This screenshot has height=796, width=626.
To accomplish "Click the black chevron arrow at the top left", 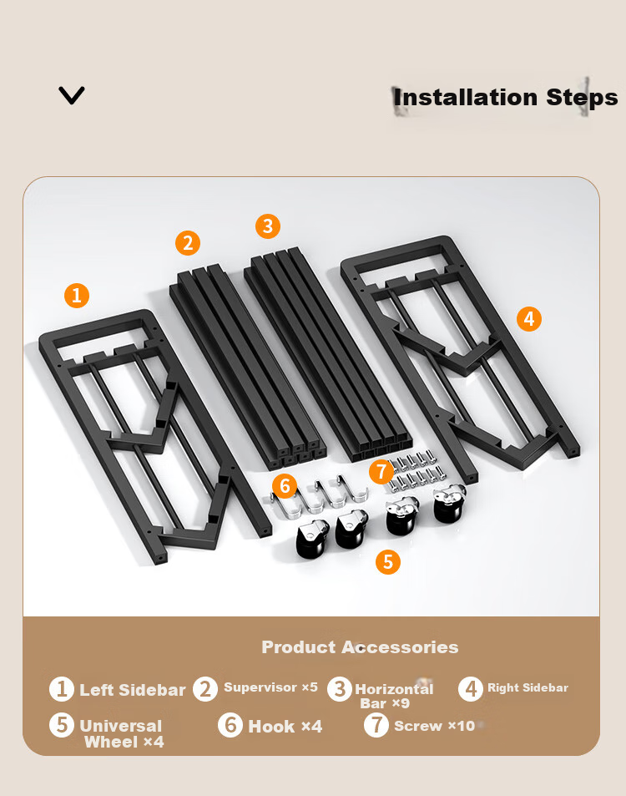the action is click(x=72, y=95).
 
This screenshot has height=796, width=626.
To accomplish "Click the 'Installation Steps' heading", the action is click(x=505, y=98).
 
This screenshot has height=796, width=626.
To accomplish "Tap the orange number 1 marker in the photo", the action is click(x=77, y=296).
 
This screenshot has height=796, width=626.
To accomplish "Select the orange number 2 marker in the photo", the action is click(x=188, y=243).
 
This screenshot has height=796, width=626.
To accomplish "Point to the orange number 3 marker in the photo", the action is click(x=268, y=226).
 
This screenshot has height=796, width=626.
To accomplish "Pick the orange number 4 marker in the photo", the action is click(x=529, y=319).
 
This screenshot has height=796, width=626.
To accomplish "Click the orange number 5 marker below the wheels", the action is click(x=388, y=562).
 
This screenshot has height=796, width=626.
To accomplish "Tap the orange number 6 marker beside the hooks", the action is click(x=285, y=486).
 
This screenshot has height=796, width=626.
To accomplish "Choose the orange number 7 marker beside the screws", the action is click(x=381, y=472).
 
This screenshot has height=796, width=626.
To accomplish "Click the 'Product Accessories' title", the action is click(x=360, y=647).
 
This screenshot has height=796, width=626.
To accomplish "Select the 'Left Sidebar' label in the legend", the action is click(x=133, y=690).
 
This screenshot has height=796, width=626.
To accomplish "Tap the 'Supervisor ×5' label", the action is click(x=271, y=687).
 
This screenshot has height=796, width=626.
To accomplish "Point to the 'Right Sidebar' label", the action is click(x=528, y=688).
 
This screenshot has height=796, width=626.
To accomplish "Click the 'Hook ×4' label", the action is click(x=285, y=727).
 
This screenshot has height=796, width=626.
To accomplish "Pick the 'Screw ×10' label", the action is click(x=434, y=726).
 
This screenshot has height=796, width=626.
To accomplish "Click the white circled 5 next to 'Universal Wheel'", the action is click(x=62, y=725).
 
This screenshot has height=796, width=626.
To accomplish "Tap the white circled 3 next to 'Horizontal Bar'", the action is click(x=340, y=689).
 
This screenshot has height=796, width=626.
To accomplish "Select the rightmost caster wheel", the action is click(x=449, y=503).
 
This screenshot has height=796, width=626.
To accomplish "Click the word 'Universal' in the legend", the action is click(x=121, y=726).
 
